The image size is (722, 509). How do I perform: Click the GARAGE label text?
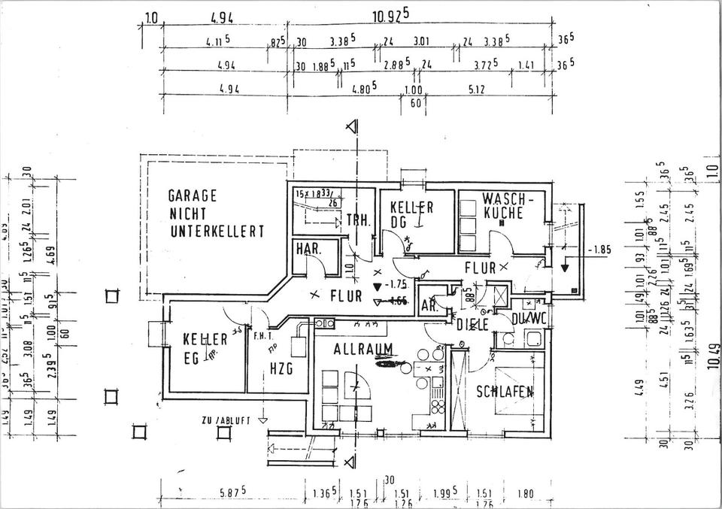point(193,195)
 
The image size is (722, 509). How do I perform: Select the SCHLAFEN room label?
point(505,391)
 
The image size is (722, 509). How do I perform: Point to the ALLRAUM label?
point(364,349)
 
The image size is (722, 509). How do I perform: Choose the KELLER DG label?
point(411,214)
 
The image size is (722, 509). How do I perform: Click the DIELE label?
point(473,324)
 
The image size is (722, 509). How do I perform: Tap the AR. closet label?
point(429,305)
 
